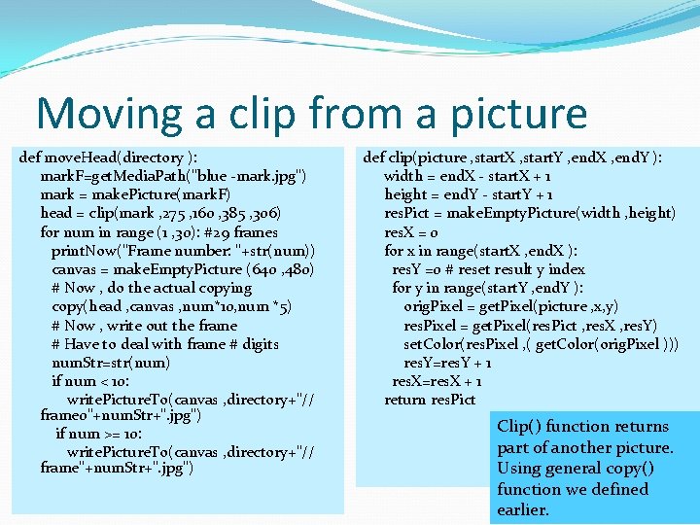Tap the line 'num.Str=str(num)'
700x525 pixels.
[111, 363]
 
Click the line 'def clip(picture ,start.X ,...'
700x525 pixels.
[513, 157]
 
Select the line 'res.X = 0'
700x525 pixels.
[411, 232]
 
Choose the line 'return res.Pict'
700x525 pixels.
[430, 400]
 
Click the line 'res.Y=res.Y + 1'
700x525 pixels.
[447, 363]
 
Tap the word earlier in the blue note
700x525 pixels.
[523, 510]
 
